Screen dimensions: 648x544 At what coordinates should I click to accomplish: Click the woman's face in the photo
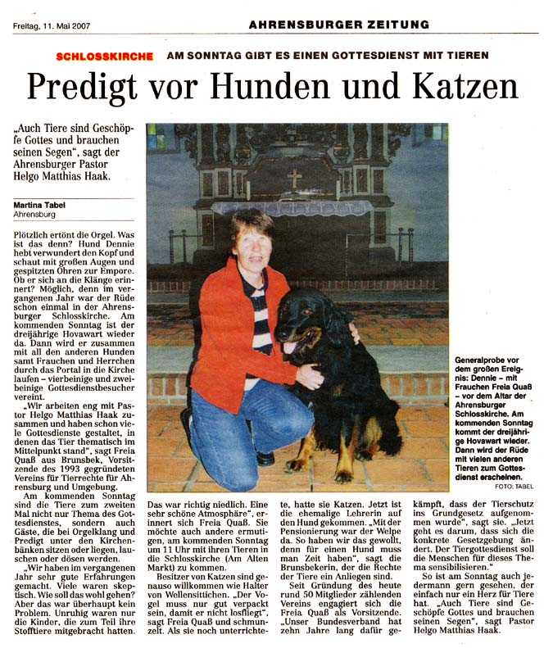(x=252, y=244)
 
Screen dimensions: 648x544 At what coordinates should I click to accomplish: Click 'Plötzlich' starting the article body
(x=30, y=234)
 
